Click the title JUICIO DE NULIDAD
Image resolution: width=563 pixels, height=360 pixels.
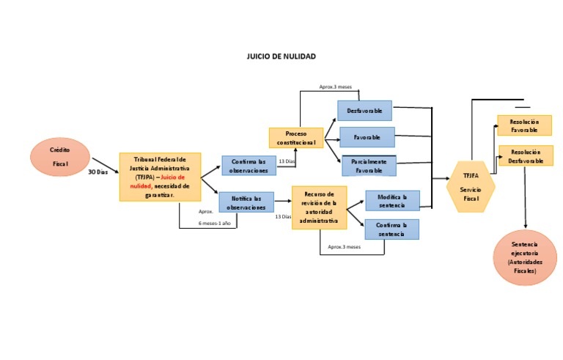tap(281, 56)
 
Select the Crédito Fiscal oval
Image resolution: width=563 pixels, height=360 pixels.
tap(60, 156)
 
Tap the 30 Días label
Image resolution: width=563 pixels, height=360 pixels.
tap(97, 172)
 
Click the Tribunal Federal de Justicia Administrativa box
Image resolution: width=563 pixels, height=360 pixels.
tap(160, 177)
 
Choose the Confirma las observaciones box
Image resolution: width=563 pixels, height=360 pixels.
tap(249, 166)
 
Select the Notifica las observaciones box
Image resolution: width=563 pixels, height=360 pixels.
tap(246, 202)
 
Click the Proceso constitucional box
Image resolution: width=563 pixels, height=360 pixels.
tap(296, 138)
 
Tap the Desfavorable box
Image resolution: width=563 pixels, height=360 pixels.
tap(364, 111)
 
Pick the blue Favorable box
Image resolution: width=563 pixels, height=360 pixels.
tap(367, 137)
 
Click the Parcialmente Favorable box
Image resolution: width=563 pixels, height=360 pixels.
tap(369, 166)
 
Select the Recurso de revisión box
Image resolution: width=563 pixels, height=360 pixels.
tap(319, 207)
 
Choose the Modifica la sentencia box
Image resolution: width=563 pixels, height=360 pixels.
tap(392, 201)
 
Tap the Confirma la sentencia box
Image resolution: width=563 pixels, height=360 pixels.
tap(392, 229)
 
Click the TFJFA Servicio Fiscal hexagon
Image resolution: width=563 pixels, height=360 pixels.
tap(471, 187)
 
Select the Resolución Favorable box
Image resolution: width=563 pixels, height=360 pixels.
tap(524, 125)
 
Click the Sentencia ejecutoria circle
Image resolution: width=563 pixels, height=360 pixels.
tap(525, 257)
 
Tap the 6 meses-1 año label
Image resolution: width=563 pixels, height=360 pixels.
tap(214, 222)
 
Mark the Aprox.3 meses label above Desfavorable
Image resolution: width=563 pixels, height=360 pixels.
tap(335, 87)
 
